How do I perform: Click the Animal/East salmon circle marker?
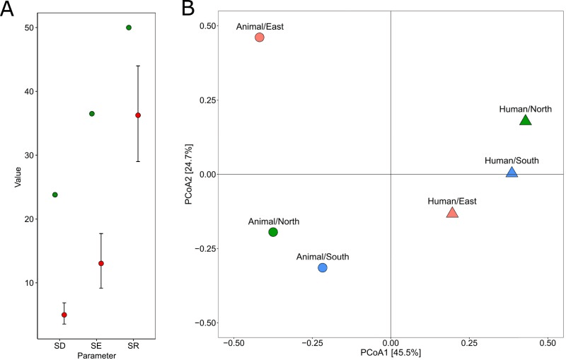(x=260, y=37)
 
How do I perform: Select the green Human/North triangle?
(x=525, y=120)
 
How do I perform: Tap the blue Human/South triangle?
(x=512, y=172)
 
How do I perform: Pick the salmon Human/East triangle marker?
(x=453, y=212)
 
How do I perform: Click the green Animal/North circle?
(x=273, y=232)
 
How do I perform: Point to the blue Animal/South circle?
(x=323, y=267)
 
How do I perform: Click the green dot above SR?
(x=129, y=28)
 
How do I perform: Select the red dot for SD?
(x=64, y=315)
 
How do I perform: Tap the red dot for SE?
(x=101, y=263)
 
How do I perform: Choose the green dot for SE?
(x=92, y=114)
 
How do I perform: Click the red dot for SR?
(x=138, y=115)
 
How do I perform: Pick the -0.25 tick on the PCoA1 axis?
(x=313, y=342)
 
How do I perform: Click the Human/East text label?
(x=452, y=201)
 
